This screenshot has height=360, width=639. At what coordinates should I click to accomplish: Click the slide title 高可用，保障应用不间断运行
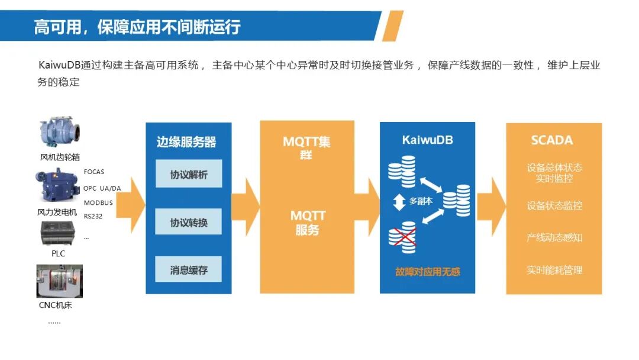coord(137,27)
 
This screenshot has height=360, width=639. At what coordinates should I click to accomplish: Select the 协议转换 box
coord(189,223)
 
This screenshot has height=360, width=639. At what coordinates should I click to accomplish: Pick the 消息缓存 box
coord(189,270)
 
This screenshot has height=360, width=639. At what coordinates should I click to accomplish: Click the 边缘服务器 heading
coord(186,142)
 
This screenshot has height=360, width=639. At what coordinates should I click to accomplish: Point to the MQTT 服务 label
coord(308,223)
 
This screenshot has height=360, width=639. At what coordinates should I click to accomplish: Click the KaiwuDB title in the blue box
coord(427,140)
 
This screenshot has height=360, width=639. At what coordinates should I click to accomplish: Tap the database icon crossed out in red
coord(402,236)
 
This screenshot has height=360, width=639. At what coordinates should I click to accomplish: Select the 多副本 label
coord(421,201)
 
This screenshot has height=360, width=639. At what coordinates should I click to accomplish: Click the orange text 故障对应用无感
coord(427,272)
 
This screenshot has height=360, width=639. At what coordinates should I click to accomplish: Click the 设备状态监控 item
coord(554,205)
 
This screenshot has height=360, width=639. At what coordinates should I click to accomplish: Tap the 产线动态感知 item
coord(554,237)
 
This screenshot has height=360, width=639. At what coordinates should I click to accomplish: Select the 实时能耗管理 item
coord(554,270)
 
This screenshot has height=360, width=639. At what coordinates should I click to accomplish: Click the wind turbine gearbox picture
coord(60,134)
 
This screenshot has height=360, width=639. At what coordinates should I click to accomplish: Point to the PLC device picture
coord(59,233)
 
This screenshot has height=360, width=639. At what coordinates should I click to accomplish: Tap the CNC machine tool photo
coord(60,281)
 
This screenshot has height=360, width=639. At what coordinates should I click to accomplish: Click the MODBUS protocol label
coord(98,202)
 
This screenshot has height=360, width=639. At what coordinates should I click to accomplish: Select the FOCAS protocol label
coord(94,172)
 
